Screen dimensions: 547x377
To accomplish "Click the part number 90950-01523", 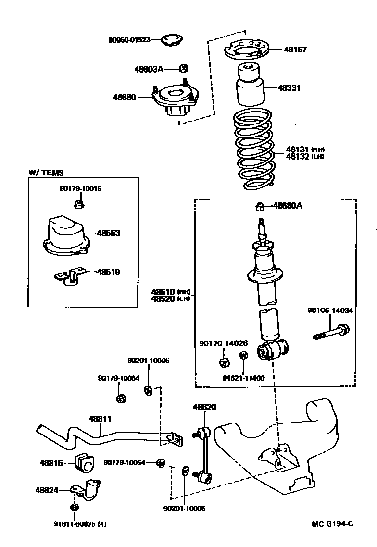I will pos(129,39).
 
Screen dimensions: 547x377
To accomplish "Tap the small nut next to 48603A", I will pos(183,69).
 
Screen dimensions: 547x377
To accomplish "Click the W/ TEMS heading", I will pos(46,173).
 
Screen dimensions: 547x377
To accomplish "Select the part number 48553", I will pos(108,233).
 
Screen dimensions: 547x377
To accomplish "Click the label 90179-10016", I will pos(80,189).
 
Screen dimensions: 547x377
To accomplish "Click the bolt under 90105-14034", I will pos(331,331).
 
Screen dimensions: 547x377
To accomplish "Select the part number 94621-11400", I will pos(243,378).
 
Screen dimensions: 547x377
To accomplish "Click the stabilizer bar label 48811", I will pos(100,419).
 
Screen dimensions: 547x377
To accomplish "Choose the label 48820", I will pos(204,407).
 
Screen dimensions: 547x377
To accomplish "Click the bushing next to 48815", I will pos(85,462).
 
